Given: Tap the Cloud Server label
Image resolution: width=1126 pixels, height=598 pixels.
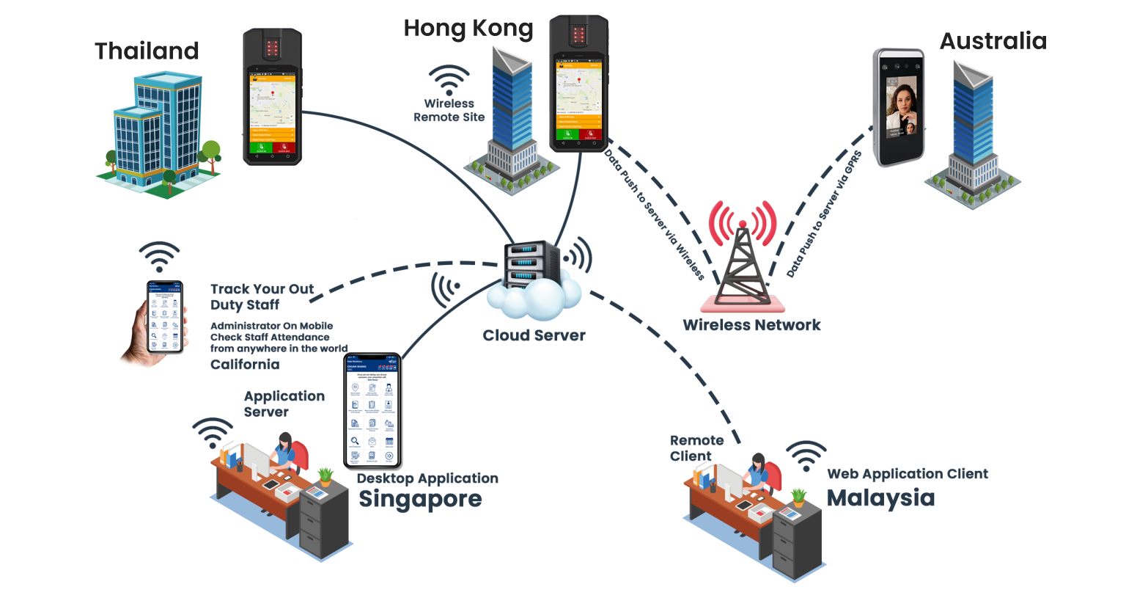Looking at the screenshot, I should coord(534,336).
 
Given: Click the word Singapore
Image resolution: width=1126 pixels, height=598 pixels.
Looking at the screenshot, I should coord(419,499).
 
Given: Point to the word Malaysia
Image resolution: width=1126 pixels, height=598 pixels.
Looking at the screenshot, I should coord(880,497).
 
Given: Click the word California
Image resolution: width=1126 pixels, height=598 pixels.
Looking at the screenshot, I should coord(245,365).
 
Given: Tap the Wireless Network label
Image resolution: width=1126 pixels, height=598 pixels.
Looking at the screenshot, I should coord(751,325).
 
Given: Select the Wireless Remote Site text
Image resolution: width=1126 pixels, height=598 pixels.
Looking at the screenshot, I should coord(449,111).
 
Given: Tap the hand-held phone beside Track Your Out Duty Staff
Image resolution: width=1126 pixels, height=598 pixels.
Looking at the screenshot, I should coord(164,317).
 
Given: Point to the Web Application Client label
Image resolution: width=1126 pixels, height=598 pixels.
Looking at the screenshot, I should coord(908,474).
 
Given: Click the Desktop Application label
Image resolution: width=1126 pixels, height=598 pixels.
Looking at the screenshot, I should coord(427,478).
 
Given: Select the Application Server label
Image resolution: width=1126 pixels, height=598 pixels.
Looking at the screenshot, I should coord(283,404).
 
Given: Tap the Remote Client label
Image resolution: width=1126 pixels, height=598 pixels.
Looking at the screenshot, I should coord(696,448).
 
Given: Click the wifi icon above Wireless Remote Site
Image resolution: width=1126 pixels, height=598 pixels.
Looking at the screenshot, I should coord(449,80).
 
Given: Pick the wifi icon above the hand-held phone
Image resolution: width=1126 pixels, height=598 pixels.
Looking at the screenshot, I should coord(159,257).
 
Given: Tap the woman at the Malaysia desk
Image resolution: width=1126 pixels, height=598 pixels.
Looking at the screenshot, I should coord(758,473).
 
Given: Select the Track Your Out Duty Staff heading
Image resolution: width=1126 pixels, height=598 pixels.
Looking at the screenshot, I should coord(262,296).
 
